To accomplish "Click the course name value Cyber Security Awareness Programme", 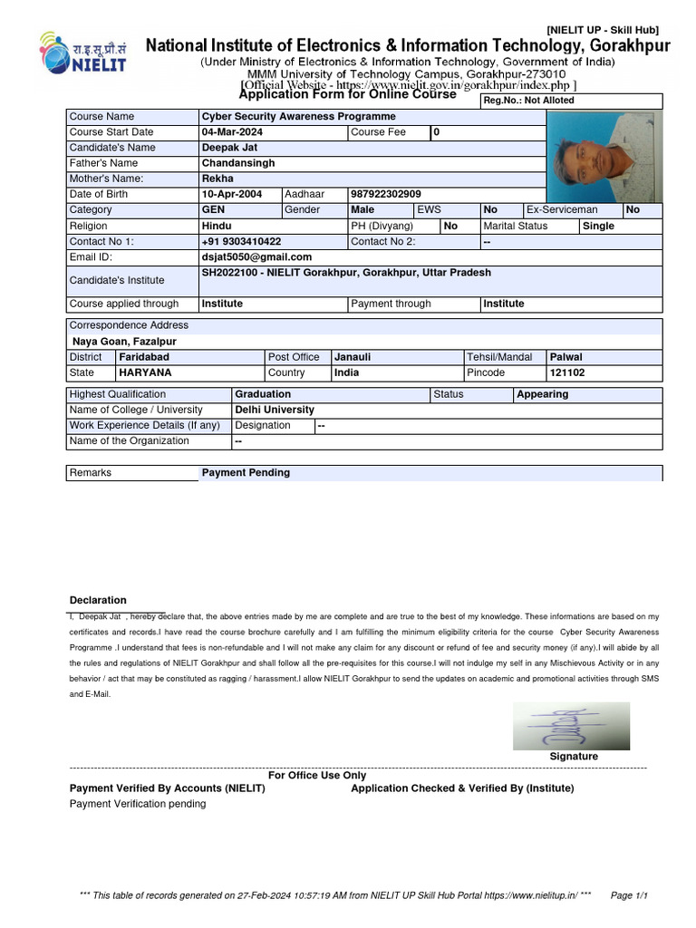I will point(298,117).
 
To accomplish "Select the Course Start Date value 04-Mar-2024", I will point(232,132).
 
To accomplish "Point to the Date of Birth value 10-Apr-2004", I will point(231,195).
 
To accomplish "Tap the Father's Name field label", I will point(103,163).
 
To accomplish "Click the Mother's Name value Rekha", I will point(217,179).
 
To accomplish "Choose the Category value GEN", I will point(213,210).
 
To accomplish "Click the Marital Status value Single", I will point(598,226).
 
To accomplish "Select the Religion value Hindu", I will point(217,226).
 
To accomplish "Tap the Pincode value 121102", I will point(567,372).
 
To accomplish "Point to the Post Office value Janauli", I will point(353,357).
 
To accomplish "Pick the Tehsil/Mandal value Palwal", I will point(566,357).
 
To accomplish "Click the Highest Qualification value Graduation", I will point(263,394).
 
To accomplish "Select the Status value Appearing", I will point(542,394).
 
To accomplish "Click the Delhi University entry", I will point(275,410).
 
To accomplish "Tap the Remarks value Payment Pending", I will point(246,473).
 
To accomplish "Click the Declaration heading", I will point(98,600).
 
